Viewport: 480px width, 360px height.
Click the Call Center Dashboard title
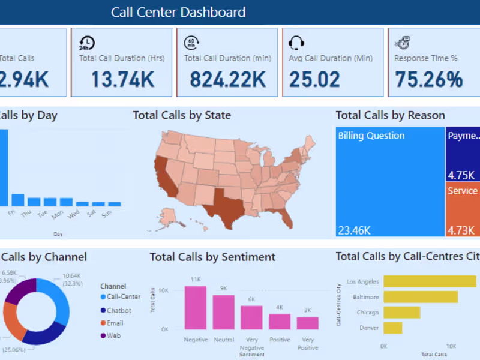pyautogui.click(x=178, y=12)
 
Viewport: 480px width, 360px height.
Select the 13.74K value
pyautogui.click(x=123, y=80)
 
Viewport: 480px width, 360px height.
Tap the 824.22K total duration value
pyautogui.click(x=228, y=80)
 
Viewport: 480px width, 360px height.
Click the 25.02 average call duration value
pyautogui.click(x=314, y=80)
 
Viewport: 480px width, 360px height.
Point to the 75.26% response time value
pyautogui.click(x=428, y=80)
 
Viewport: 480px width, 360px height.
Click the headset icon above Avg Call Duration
pyautogui.click(x=296, y=43)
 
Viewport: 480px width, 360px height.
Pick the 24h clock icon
pyautogui.click(x=87, y=43)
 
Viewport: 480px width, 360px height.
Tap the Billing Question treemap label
pyautogui.click(x=371, y=136)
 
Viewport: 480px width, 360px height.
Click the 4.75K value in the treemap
pyautogui.click(x=461, y=176)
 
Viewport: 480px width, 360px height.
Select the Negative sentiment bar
pyautogui.click(x=196, y=308)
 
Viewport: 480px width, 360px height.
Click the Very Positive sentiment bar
pyautogui.click(x=307, y=323)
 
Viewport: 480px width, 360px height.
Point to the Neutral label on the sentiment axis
pyautogui.click(x=223, y=340)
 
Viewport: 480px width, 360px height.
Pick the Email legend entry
pyautogui.click(x=115, y=323)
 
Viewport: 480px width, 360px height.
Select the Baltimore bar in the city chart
pyautogui.click(x=420, y=296)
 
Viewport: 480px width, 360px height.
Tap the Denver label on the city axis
pyautogui.click(x=370, y=328)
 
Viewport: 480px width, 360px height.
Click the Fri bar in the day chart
pyautogui.click(x=18, y=200)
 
